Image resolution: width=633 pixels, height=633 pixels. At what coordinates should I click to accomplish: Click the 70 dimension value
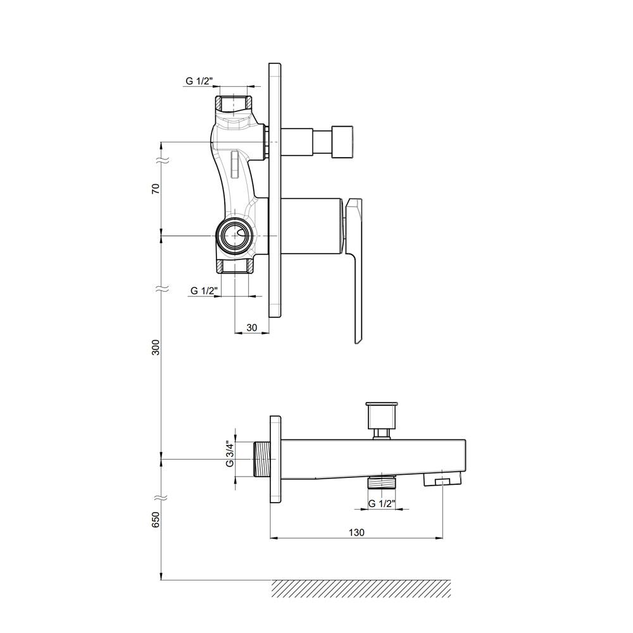156,189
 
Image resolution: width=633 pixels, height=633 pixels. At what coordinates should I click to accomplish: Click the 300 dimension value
156,347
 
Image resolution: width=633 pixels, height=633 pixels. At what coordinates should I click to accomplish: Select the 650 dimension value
156,519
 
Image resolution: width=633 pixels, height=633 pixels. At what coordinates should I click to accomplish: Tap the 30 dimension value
251,327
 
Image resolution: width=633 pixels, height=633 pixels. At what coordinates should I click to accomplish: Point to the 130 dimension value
356,532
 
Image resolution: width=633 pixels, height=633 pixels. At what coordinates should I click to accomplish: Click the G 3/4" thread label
230,454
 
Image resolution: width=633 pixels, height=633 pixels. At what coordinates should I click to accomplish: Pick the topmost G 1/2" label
199,81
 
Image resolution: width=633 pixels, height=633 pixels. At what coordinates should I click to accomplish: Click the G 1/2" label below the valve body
204,291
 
